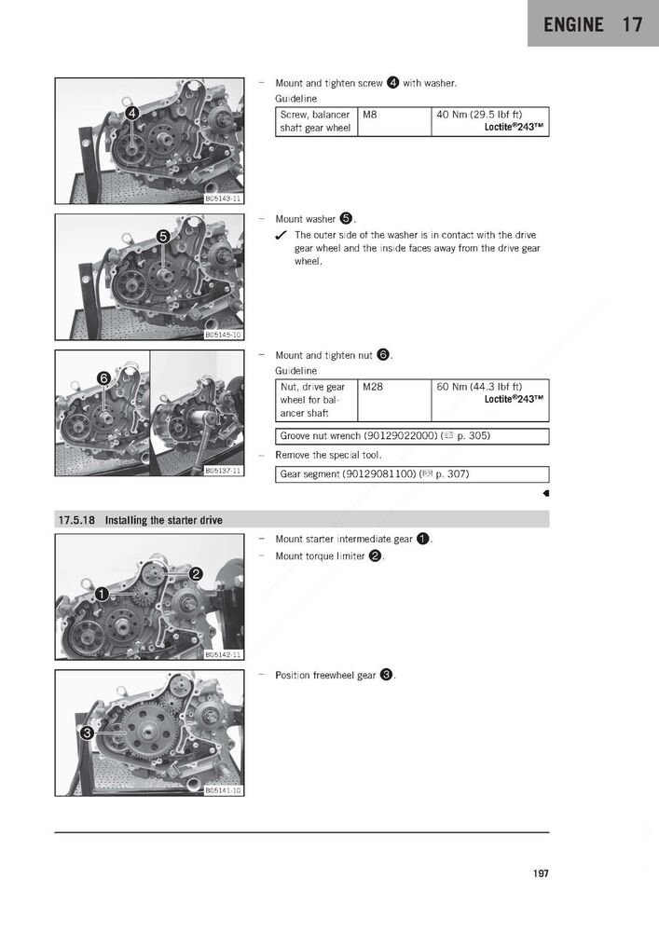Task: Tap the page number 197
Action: (x=541, y=873)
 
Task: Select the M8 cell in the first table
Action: (x=393, y=122)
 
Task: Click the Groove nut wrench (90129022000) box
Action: (x=412, y=436)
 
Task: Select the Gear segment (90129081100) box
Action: (x=412, y=474)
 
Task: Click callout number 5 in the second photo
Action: (x=163, y=237)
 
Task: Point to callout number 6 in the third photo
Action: (x=104, y=377)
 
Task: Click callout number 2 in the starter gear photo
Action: (x=196, y=572)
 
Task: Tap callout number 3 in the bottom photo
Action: (x=87, y=733)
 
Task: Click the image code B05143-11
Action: (x=223, y=199)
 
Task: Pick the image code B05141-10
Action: (x=223, y=790)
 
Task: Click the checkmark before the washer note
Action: (x=281, y=236)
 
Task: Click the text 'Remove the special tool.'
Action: (x=328, y=455)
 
